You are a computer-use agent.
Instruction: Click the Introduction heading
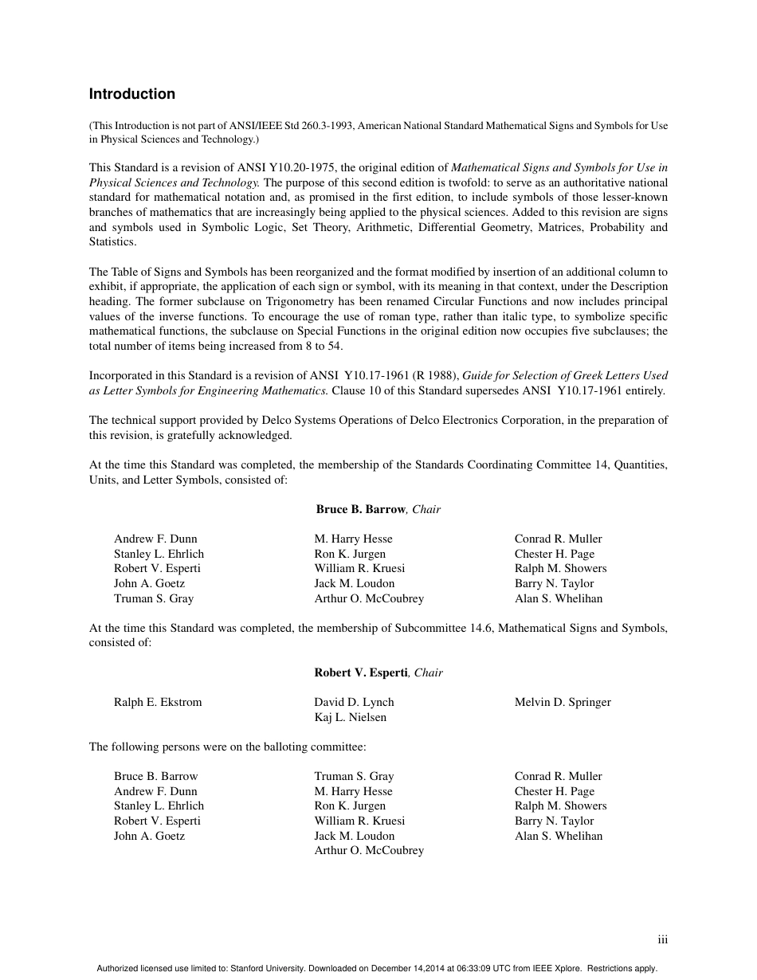coord(131,94)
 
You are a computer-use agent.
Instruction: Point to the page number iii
coord(662,940)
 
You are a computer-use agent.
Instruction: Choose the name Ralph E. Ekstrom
coord(158,702)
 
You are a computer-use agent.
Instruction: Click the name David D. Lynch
coord(354,702)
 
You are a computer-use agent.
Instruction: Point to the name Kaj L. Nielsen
coord(350,717)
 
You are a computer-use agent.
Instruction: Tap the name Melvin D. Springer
coord(563,702)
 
